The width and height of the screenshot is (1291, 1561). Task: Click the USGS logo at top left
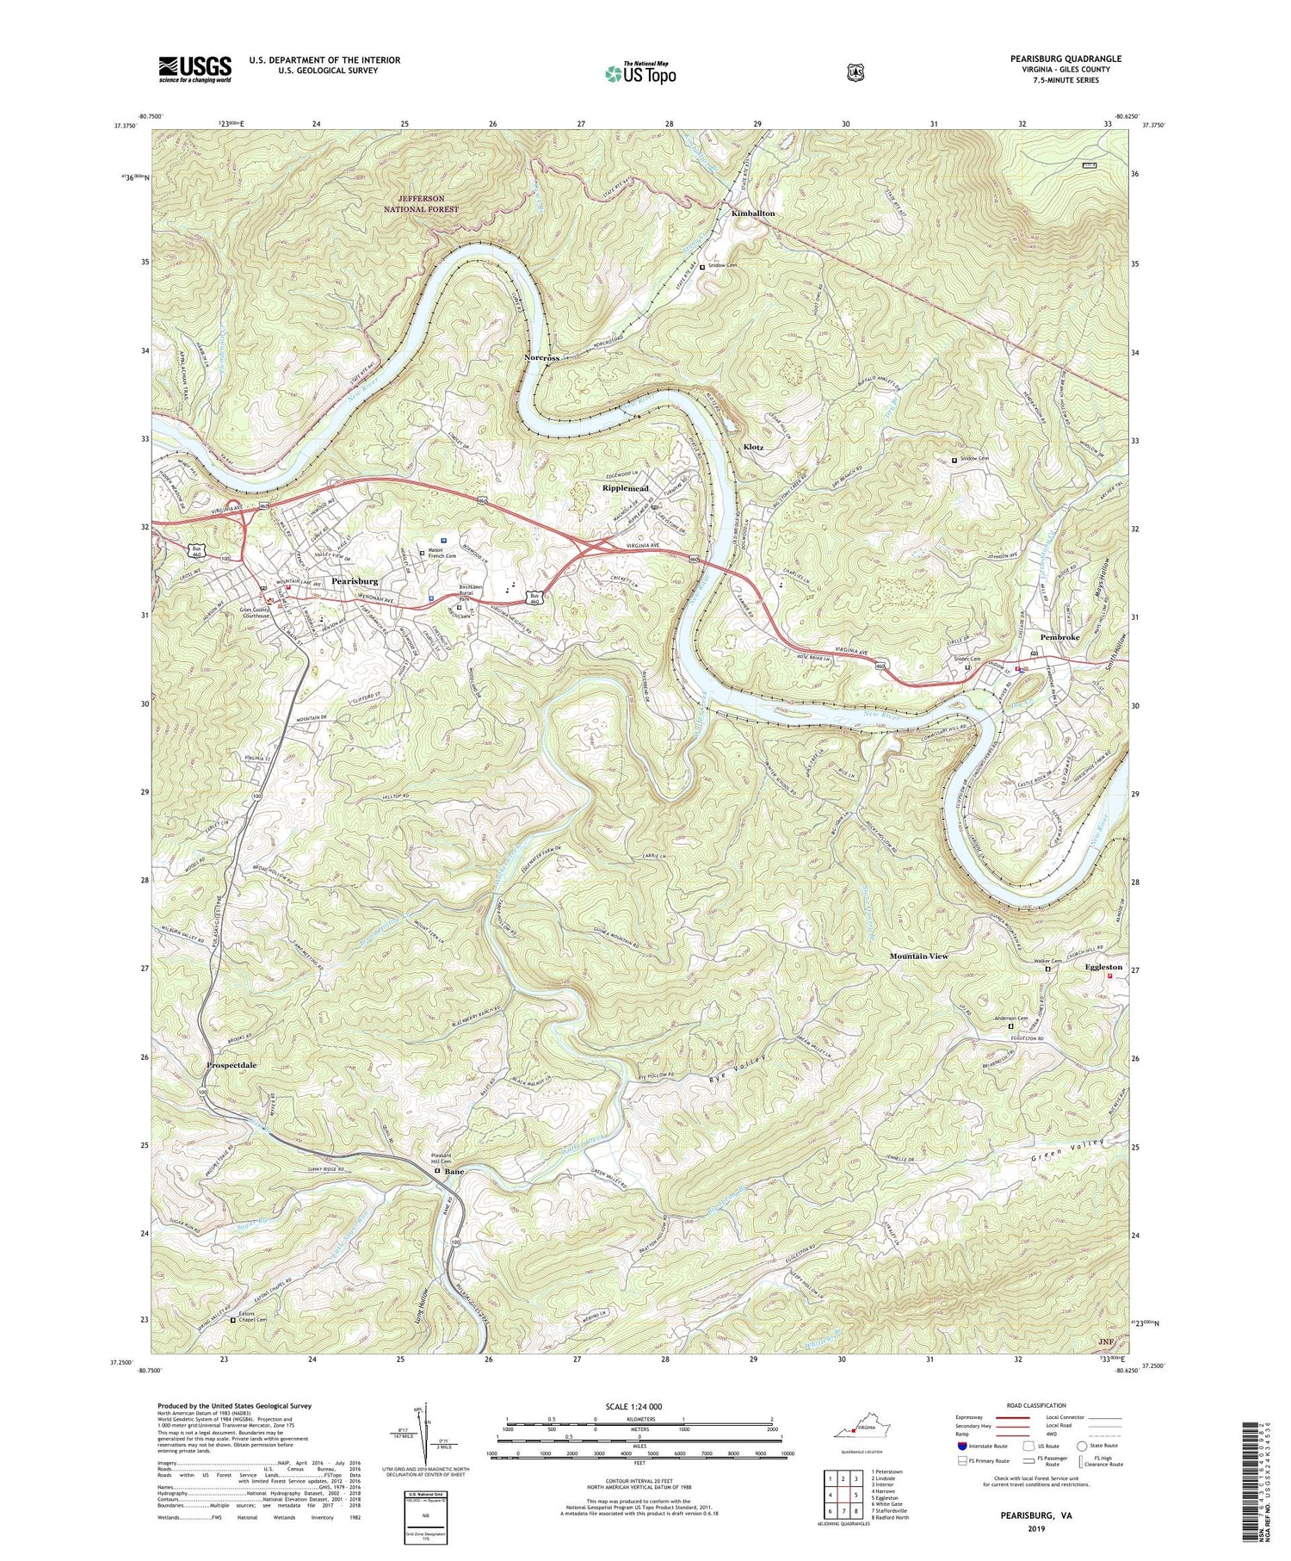coord(195,69)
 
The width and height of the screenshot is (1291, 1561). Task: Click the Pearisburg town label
coord(355,582)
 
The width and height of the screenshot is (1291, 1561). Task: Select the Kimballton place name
coord(753,213)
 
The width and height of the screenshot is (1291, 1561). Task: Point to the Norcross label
coord(542,357)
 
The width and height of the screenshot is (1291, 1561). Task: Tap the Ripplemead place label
coord(625,488)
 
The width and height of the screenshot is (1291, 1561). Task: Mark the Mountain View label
coord(919,957)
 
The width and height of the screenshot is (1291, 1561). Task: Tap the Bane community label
coord(454,1172)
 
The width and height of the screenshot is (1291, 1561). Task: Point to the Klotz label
coord(753,448)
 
